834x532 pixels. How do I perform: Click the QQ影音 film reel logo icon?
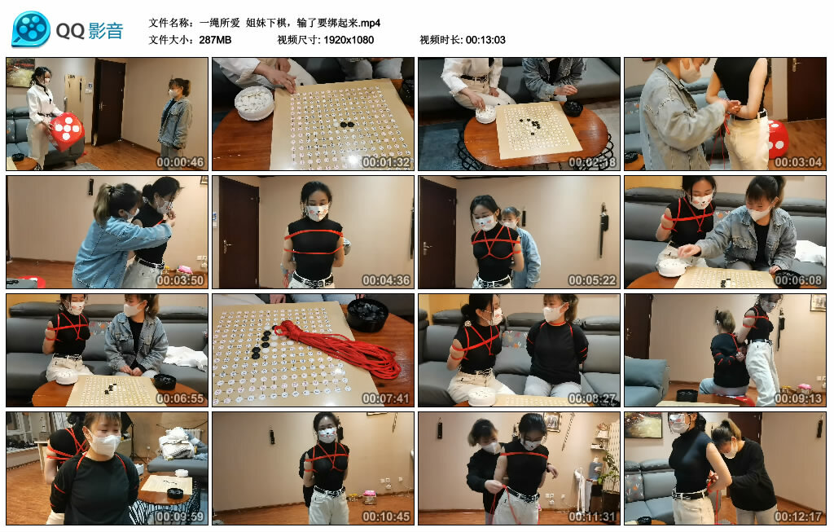coord(31,29)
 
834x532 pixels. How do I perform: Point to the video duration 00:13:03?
coord(485,39)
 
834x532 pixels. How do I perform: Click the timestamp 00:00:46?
coord(180,162)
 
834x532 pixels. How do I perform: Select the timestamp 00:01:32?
coord(386,162)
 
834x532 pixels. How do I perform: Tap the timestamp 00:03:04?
coord(798,162)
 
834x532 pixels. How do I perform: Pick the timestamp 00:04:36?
coord(386,280)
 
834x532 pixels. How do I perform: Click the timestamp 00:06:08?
coord(798,280)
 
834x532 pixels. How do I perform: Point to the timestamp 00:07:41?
coord(386,398)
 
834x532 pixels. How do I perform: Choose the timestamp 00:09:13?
coord(798,398)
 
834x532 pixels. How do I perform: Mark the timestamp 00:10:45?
coord(386,517)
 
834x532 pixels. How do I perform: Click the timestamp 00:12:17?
coord(798,517)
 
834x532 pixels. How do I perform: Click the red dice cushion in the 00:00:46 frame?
coord(67,127)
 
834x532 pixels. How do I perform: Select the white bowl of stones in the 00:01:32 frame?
coord(254,103)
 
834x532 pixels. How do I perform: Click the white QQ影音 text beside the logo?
coord(90,31)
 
